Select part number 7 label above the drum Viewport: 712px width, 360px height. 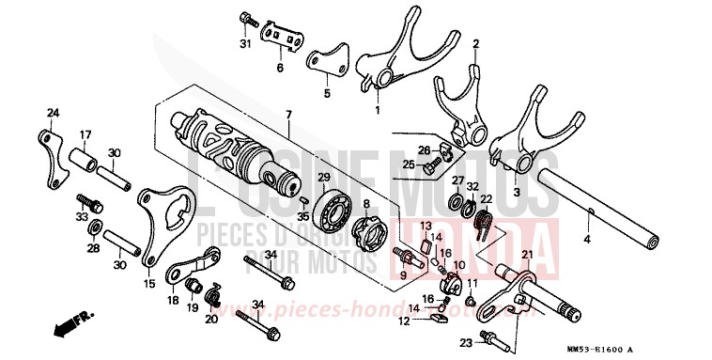pos(288,115)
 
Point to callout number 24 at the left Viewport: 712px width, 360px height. pos(53,113)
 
